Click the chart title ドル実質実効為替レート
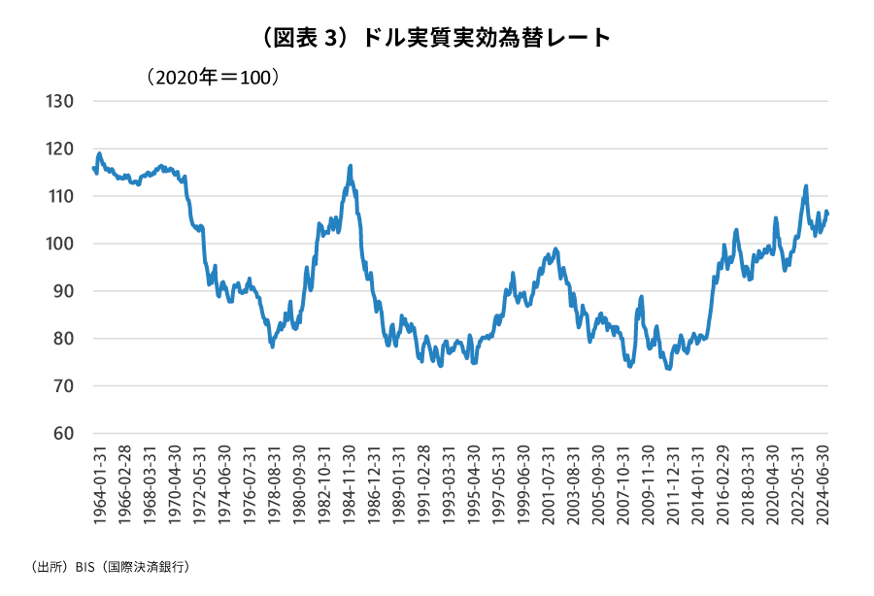[x=437, y=38]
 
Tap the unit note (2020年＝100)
[x=213, y=76]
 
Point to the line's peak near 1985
[x=350, y=166]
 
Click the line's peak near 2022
[x=806, y=186]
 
